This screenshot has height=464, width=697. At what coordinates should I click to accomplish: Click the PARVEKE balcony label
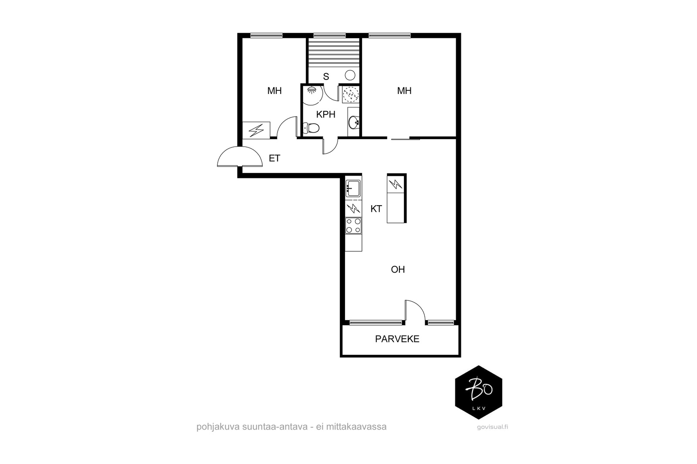[397, 339]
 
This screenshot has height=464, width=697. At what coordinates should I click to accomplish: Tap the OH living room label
[398, 270]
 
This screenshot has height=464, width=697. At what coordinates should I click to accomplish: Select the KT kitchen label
[376, 209]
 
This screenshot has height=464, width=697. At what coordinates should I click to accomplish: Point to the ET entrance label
[274, 158]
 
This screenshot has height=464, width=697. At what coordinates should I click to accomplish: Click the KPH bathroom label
[326, 115]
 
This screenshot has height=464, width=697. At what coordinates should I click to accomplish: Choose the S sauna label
[326, 77]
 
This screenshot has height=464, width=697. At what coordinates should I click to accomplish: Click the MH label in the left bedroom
[274, 91]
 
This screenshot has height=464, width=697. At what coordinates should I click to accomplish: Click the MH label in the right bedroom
[404, 91]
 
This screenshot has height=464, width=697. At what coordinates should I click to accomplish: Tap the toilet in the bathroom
[311, 128]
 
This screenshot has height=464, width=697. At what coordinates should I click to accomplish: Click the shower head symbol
[311, 90]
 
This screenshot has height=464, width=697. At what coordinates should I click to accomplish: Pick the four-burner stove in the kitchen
[353, 226]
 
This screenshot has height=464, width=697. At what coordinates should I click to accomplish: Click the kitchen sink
[353, 188]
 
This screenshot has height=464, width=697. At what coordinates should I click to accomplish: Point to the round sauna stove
[350, 75]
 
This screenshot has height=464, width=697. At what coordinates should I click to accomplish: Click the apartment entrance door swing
[240, 157]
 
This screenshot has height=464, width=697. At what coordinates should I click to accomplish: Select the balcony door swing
[414, 311]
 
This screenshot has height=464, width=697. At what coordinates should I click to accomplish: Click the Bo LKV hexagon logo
[478, 392]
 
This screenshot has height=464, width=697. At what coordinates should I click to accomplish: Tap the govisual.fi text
[493, 427]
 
